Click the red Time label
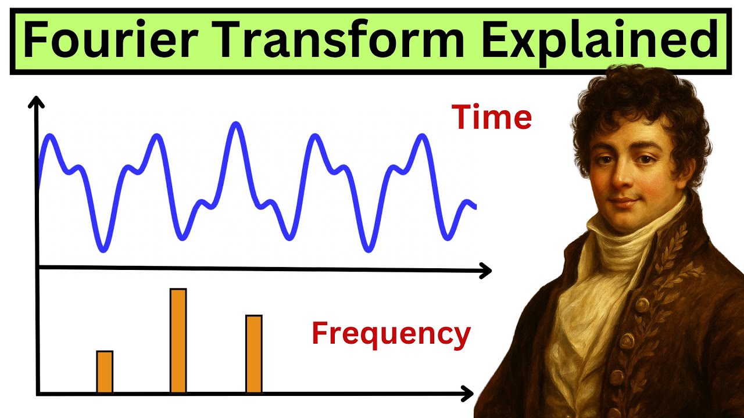tap(492, 118)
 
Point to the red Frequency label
tap(391, 334)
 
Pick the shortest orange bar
tap(105, 372)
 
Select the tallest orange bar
tap(178, 341)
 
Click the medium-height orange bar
tap(254, 354)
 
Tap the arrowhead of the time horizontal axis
tap(485, 270)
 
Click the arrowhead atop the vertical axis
tap(37, 103)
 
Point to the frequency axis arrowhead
tap(467, 394)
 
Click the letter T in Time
tap(462, 118)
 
